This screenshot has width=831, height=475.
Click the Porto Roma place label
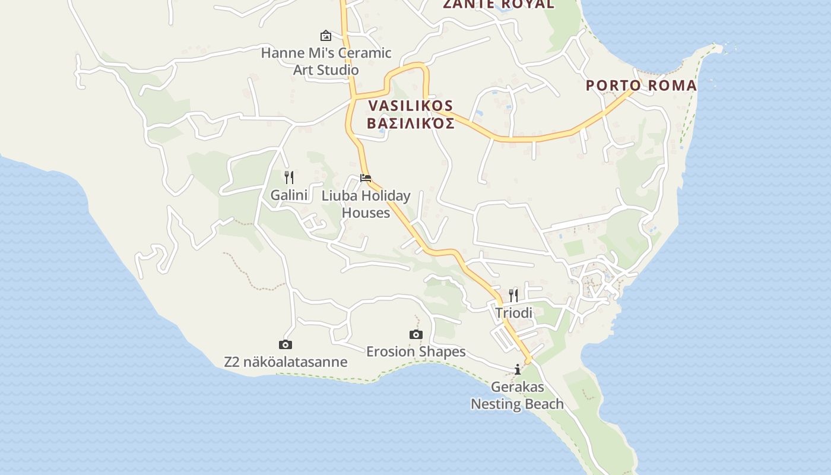pos(641,85)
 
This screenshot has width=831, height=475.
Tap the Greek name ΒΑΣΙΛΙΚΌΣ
pos(411,123)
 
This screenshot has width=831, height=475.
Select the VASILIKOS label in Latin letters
pos(411,106)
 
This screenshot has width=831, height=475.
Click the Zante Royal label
pos(499,4)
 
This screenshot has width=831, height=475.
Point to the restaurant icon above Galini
pos(289,177)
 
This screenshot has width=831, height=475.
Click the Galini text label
pos(289,195)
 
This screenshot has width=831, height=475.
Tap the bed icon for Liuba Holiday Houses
pos(366,178)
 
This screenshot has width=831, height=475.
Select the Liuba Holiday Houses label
pos(366,204)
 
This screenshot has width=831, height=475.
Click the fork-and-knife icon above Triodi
pos(513,295)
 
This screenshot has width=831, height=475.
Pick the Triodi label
pos(514,312)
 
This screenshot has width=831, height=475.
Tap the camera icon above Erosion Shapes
pos(416,334)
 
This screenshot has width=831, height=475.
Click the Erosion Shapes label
pos(415,351)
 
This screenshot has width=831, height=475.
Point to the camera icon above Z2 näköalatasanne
pos(286,344)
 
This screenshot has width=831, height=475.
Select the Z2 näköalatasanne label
pos(286,362)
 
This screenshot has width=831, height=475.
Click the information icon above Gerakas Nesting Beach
pos(518,370)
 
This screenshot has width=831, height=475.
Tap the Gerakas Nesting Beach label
pos(517,395)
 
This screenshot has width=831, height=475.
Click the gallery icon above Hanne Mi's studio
pos(325,36)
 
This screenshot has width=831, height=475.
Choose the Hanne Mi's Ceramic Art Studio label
pos(326,61)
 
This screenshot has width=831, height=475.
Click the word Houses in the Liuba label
pos(366,213)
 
